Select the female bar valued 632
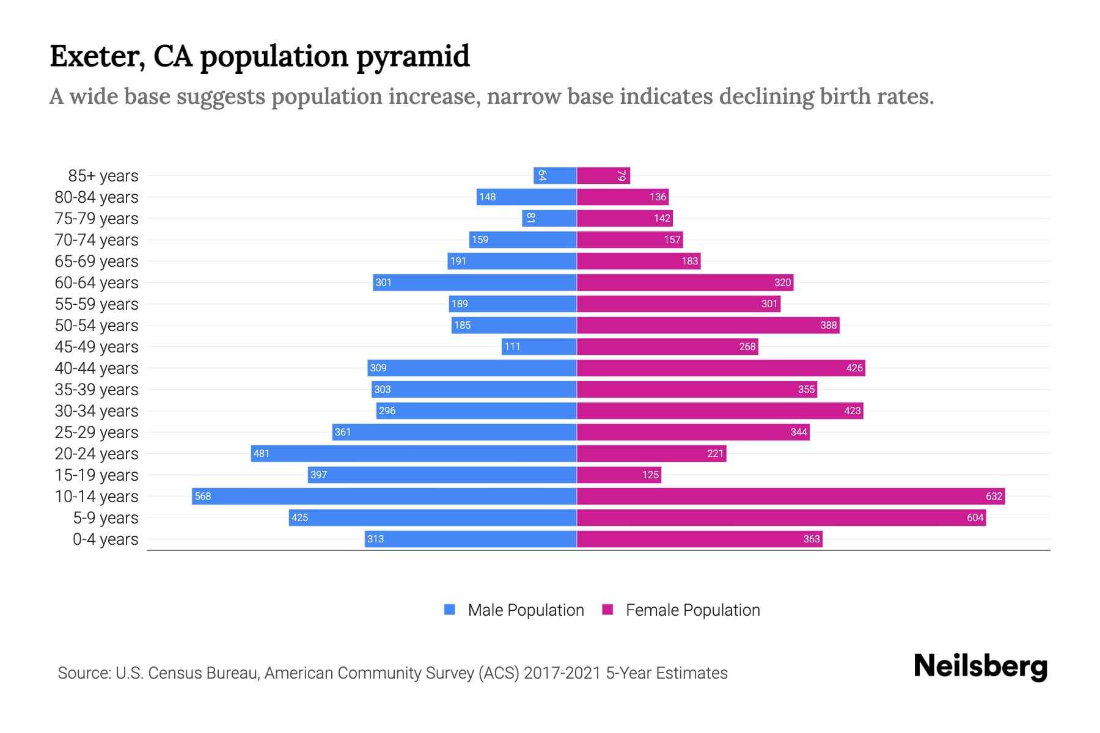(x=791, y=496)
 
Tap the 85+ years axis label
(x=103, y=176)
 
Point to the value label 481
(x=262, y=453)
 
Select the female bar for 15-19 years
(x=618, y=475)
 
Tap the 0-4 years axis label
(x=106, y=539)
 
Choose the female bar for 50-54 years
(x=708, y=325)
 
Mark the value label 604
(x=975, y=518)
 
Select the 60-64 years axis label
(x=97, y=283)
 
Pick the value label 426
(x=854, y=368)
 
